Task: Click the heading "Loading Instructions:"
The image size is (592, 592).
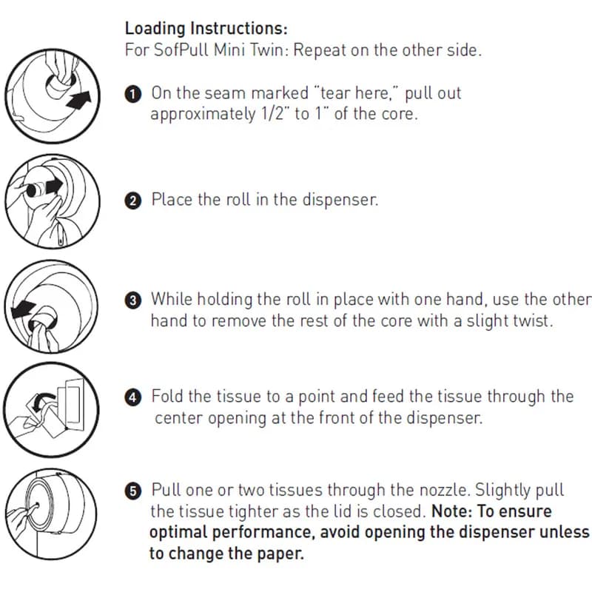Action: point(206,29)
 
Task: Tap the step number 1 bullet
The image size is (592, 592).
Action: point(133,95)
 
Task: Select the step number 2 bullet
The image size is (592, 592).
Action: point(133,201)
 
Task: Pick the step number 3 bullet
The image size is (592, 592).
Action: point(133,300)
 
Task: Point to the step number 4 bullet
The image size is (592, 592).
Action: point(133,397)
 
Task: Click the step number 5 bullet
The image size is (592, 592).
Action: point(133,491)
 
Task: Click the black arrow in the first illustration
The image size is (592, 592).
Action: point(79,101)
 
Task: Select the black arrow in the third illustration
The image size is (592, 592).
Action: point(23,309)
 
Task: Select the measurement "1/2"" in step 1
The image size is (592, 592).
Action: point(274,114)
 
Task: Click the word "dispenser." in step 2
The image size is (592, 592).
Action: point(340,200)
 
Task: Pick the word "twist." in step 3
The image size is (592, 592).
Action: point(533,321)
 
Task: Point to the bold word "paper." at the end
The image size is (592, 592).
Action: point(280,554)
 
